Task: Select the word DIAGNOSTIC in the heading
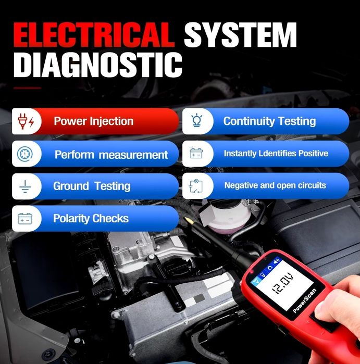(x=98, y=66)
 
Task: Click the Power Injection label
(x=94, y=122)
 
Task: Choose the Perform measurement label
(x=111, y=155)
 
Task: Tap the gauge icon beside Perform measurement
(x=24, y=154)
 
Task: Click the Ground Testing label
(x=92, y=186)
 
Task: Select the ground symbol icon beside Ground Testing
(x=24, y=186)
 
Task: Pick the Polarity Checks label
(x=91, y=218)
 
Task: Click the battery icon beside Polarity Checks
(x=24, y=218)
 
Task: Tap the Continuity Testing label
(x=269, y=121)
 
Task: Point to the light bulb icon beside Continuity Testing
(x=196, y=121)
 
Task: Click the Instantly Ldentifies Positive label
(x=276, y=154)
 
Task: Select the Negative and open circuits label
(x=275, y=185)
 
